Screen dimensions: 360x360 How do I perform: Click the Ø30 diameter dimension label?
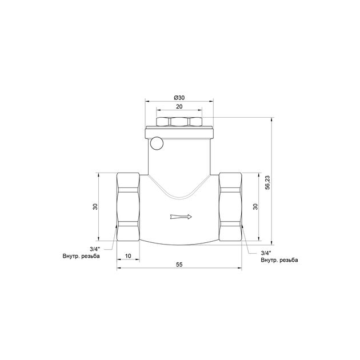(x=179, y=98)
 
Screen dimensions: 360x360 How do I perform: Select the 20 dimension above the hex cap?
(x=179, y=106)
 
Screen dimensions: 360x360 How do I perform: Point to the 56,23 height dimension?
(x=267, y=182)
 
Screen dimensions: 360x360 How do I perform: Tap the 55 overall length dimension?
(x=179, y=265)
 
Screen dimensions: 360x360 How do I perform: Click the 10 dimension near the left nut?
(x=128, y=256)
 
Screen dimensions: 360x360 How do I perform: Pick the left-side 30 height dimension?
(x=95, y=207)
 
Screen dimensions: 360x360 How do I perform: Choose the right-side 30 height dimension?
(x=255, y=207)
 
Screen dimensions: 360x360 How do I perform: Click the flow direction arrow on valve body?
(x=181, y=217)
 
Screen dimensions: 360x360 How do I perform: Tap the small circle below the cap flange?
(x=157, y=143)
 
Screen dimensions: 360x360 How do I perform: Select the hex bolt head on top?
(x=179, y=122)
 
